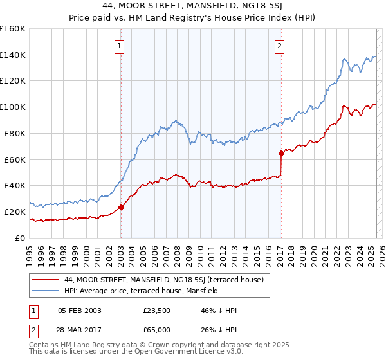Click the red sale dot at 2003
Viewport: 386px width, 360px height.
pos(121,207)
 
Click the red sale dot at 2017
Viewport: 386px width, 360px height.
pos(281,153)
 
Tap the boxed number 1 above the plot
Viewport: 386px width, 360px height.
pos(120,46)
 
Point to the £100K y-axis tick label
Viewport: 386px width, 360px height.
pos(13,107)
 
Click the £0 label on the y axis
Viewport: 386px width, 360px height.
pos(21,238)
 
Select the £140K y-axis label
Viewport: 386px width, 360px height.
pos(13,55)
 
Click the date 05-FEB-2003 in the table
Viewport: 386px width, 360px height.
pos(79,311)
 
